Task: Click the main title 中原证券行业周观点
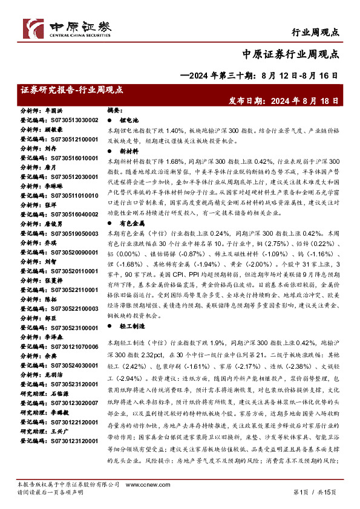(x=293, y=53)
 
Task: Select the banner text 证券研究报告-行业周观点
(x=71, y=90)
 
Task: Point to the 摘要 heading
(x=114, y=111)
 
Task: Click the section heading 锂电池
(x=128, y=121)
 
